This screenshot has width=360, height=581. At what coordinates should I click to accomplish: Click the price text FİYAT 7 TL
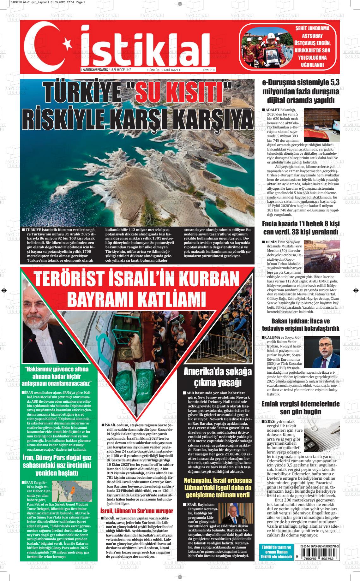[x=209, y=70]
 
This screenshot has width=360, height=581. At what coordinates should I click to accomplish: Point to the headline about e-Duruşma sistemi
[x=301, y=92]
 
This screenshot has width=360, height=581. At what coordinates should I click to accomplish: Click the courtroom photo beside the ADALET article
[x=321, y=125]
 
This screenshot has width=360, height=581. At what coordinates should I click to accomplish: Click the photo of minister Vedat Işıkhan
[x=321, y=352]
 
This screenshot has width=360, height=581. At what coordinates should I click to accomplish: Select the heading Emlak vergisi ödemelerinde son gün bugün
[x=300, y=408]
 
